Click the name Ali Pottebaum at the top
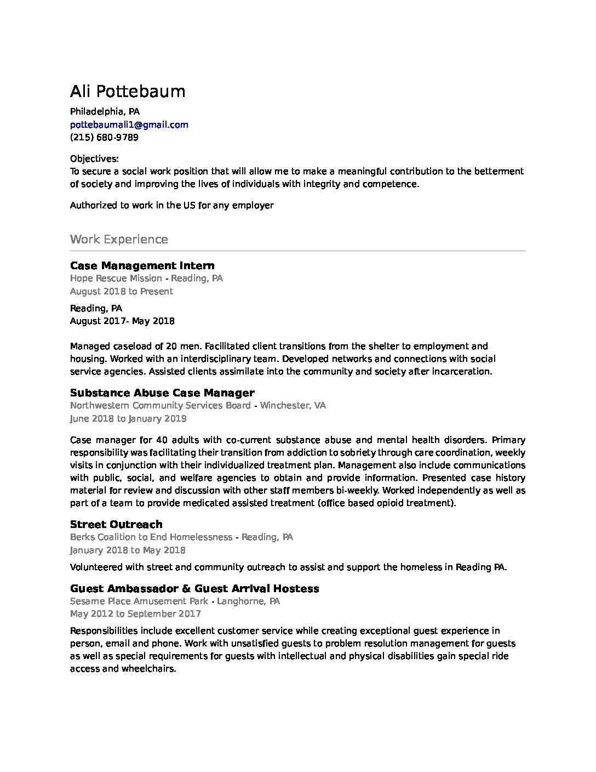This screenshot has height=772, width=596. click(128, 91)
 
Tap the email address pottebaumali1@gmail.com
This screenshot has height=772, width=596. click(129, 124)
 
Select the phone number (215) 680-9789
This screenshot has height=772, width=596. click(104, 137)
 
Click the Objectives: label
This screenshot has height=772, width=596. click(94, 159)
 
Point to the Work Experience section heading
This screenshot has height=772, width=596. click(119, 240)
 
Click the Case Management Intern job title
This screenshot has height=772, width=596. click(142, 266)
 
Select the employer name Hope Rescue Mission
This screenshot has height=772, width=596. click(116, 279)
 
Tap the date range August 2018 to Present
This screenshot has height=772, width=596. click(121, 291)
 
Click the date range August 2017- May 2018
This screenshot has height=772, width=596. click(122, 321)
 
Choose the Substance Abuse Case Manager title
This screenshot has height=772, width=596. click(162, 393)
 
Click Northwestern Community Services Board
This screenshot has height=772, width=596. click(160, 406)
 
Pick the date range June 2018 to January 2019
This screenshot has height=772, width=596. click(128, 418)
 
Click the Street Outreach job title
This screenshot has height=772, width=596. click(116, 524)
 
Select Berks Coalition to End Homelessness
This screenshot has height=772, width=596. click(151, 537)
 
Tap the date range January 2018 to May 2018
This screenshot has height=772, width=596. click(128, 550)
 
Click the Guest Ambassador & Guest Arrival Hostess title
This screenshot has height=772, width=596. click(194, 588)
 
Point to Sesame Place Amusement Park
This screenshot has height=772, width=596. click(140, 601)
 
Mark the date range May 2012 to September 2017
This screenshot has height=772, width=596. click(135, 614)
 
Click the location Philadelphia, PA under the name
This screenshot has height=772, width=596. click(105, 112)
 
